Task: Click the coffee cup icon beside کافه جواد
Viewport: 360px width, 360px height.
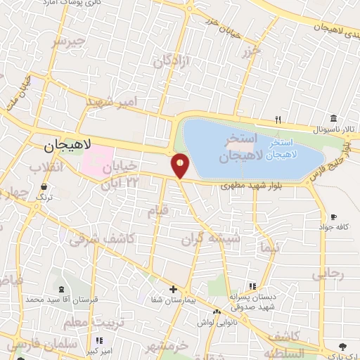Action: [333, 216]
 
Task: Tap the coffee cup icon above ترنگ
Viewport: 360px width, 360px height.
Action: [45, 188]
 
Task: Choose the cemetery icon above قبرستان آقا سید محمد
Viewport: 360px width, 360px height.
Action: [61, 289]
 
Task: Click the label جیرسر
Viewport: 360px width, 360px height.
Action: [69, 41]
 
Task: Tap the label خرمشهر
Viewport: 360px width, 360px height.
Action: [170, 345]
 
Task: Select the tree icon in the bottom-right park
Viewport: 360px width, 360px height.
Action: [342, 346]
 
